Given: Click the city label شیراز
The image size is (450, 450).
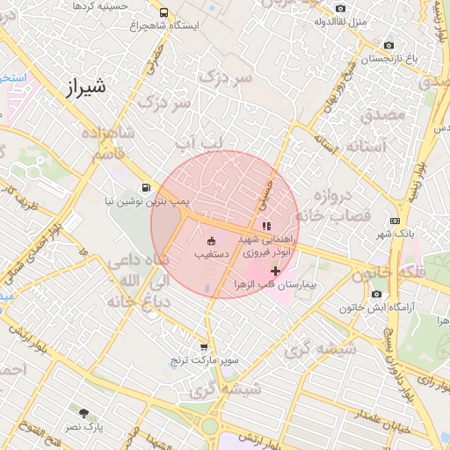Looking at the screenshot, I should tap(85, 86).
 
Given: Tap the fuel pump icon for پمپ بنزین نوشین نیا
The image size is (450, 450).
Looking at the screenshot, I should tap(144, 186).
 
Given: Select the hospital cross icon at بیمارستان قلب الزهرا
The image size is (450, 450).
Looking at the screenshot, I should tap(276, 271).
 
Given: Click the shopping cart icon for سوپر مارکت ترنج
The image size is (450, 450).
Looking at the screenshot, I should tap(204, 347).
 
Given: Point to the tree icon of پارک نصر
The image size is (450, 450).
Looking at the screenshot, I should tap(83, 412).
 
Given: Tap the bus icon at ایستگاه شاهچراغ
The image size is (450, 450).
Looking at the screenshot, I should tap(164, 12).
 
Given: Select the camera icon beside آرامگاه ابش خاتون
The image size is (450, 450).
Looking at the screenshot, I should tap(376, 294).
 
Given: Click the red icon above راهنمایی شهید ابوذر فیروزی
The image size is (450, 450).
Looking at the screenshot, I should tap(266, 226).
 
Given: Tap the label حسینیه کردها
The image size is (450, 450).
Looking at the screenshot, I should tap(100, 5).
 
